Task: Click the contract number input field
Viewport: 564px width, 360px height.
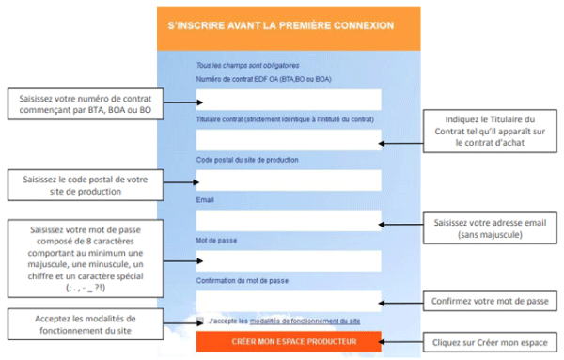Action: [289, 100]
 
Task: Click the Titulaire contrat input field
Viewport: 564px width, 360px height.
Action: [289, 140]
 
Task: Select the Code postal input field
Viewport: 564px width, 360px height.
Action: [289, 180]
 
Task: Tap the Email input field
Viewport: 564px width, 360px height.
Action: [289, 220]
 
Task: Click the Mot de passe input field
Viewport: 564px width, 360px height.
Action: [289, 260]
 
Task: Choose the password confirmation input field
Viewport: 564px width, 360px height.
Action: [289, 300]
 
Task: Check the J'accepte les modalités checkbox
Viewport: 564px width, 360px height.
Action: [200, 321]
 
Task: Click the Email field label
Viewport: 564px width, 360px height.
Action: [205, 199]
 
